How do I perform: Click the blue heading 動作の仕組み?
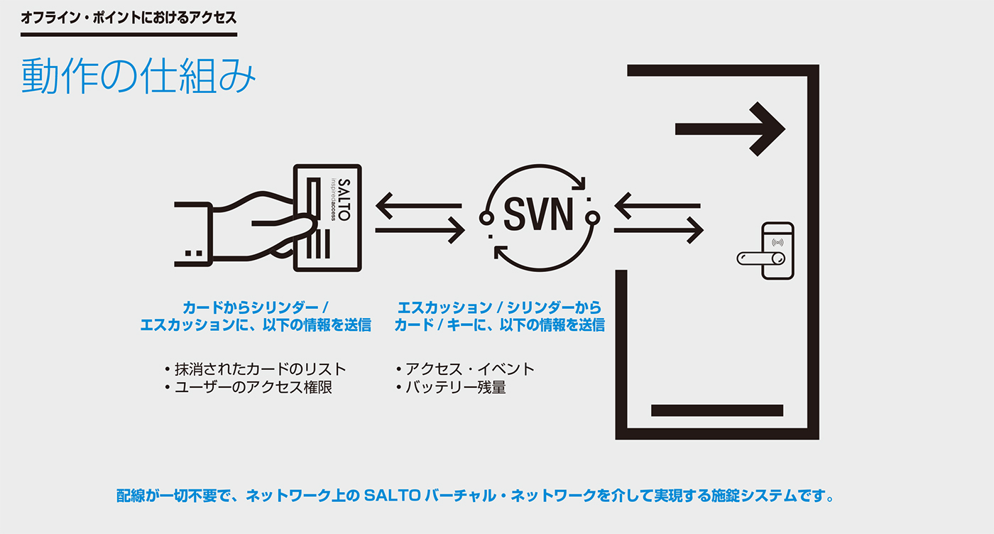pyautogui.click(x=138, y=76)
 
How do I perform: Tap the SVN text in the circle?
pyautogui.click(x=539, y=215)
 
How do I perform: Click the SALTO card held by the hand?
pyautogui.click(x=328, y=217)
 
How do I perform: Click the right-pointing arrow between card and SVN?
pyautogui.click(x=420, y=229)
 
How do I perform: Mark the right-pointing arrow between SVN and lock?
pyautogui.click(x=659, y=229)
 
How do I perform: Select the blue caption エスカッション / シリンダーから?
pyautogui.click(x=499, y=307)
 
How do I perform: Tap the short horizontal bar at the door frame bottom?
pyautogui.click(x=716, y=410)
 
